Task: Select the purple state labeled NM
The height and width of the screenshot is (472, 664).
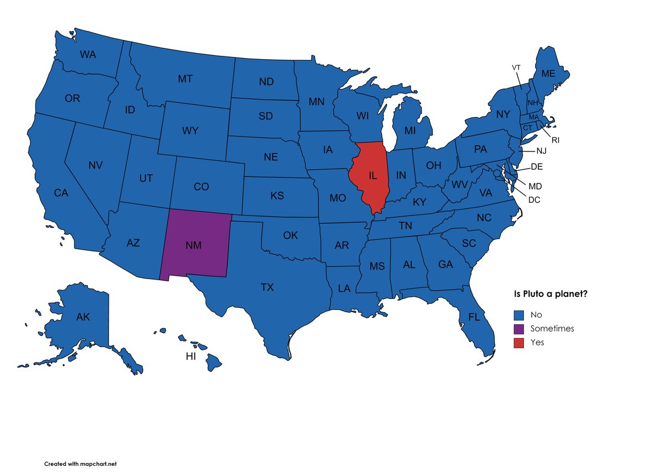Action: [x=193, y=245]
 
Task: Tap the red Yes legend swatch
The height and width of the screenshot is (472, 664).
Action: [x=518, y=343]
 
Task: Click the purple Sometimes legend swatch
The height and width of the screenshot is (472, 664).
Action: [x=518, y=329]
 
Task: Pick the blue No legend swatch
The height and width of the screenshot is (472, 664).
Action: [x=518, y=315]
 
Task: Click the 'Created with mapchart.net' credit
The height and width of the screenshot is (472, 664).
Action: [x=80, y=464]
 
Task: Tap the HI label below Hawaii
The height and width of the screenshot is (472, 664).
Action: [x=191, y=356]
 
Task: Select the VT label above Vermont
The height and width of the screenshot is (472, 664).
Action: [x=516, y=67]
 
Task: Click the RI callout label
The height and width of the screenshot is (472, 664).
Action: [x=556, y=140]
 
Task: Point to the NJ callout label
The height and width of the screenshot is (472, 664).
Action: [x=541, y=151]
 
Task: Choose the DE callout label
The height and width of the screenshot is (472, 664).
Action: [x=536, y=167]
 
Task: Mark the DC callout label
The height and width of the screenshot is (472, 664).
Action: [x=534, y=200]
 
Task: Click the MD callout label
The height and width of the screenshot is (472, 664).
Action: [x=535, y=186]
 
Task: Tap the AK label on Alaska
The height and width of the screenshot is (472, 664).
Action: [x=83, y=317]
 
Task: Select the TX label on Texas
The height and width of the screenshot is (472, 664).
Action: [x=267, y=287]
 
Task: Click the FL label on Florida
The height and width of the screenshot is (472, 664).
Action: [x=474, y=317]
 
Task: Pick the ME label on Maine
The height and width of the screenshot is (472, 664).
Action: [x=548, y=74]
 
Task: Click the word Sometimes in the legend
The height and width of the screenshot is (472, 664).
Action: [x=552, y=329]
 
